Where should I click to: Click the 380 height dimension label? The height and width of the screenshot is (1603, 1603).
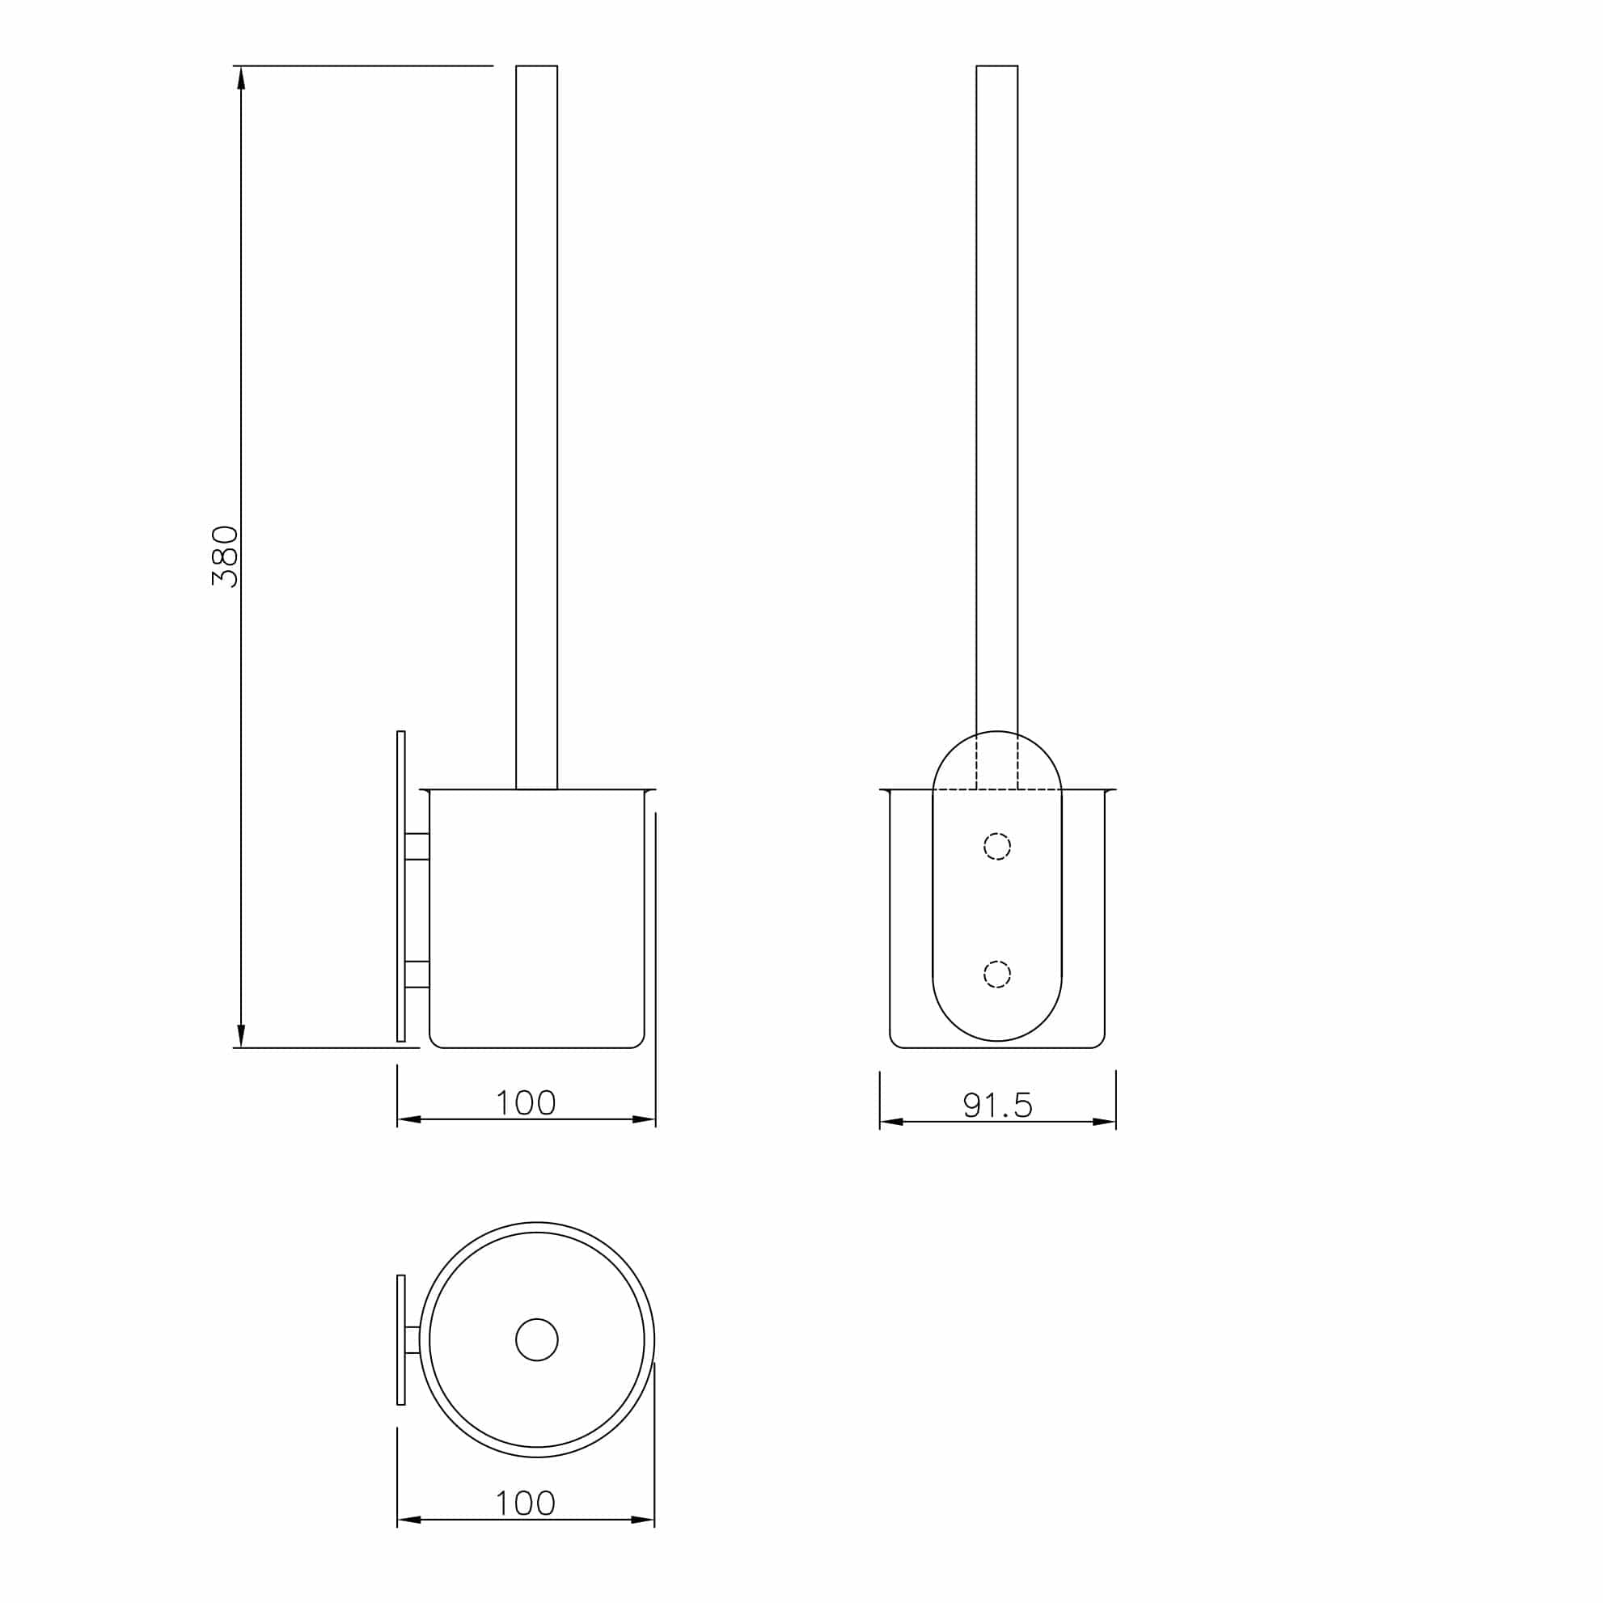point(225,556)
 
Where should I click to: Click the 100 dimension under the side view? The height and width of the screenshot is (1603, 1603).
point(525,1102)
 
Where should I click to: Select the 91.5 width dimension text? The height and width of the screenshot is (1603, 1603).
point(997,1105)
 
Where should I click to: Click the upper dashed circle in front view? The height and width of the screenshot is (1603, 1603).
point(996,846)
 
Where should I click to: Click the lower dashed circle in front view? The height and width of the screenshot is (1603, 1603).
point(996,974)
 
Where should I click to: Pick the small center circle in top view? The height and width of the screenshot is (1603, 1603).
point(536,1340)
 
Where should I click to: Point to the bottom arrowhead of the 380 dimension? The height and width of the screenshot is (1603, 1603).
point(242,1035)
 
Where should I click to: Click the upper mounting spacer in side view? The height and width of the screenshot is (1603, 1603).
point(417,846)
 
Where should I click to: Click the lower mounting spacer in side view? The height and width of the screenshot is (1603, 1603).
point(417,974)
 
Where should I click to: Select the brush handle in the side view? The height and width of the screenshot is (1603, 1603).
point(536,415)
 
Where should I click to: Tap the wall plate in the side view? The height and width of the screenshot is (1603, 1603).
point(401,886)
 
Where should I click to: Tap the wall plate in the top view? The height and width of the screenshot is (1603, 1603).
point(401,1340)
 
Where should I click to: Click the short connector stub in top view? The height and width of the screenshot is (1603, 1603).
point(412,1340)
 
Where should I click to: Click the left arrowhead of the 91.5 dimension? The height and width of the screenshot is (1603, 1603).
point(891,1122)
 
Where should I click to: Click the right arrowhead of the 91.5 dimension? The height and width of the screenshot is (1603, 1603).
point(1104,1122)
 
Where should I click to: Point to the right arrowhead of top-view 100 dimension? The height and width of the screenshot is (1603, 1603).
point(643,1520)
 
